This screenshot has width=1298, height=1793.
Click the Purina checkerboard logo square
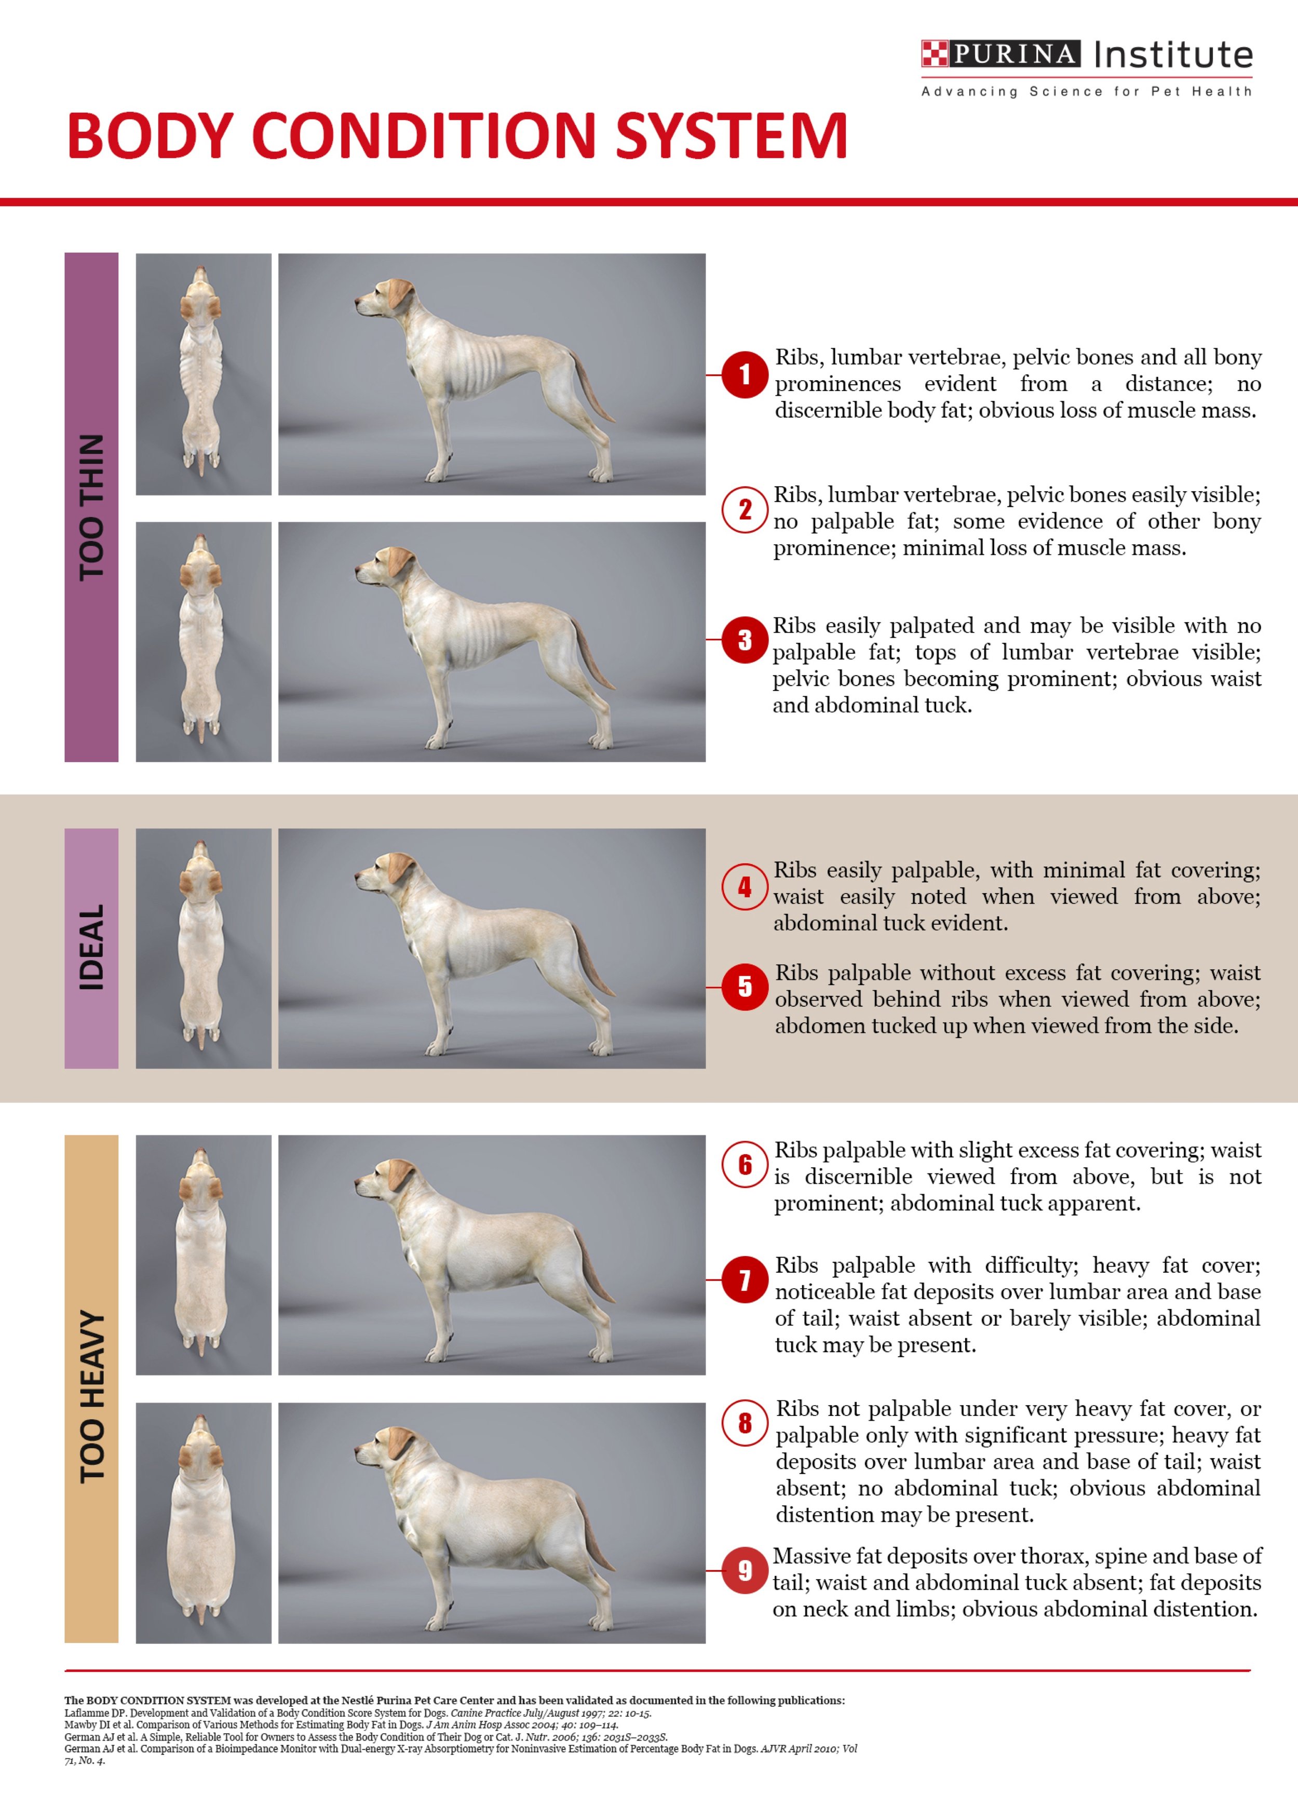[935, 54]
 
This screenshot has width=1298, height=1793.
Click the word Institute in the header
[1173, 55]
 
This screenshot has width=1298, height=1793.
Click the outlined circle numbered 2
[745, 510]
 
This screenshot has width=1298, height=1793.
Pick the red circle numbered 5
[745, 987]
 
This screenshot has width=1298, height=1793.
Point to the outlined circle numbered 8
[745, 1423]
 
